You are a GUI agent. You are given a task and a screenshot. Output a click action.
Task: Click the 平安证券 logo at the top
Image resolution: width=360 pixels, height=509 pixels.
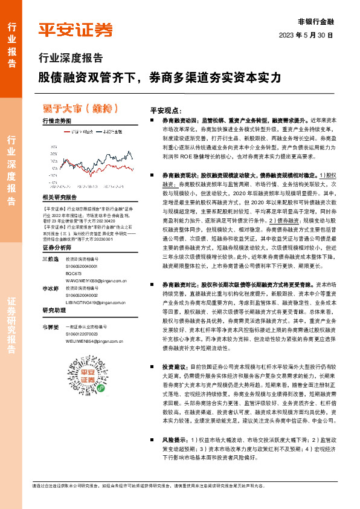(x=76, y=30)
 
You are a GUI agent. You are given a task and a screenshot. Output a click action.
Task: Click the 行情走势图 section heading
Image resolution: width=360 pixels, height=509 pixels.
(x=57, y=122)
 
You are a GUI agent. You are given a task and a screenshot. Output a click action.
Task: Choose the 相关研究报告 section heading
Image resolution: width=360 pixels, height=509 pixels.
(x=60, y=198)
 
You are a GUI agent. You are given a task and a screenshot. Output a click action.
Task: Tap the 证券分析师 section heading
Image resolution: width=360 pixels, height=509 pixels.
(x=57, y=248)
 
